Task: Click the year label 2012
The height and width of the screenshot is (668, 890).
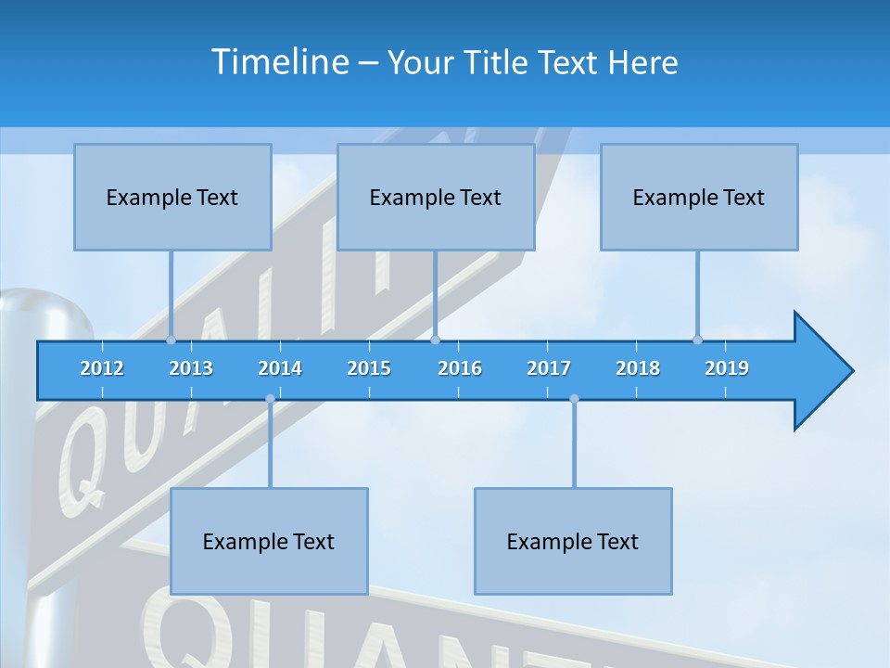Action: pyautogui.click(x=102, y=368)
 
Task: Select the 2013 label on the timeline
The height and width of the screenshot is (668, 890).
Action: pyautogui.click(x=191, y=368)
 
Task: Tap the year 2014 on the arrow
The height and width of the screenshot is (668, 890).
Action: pyautogui.click(x=280, y=368)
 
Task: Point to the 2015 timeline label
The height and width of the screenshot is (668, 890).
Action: pyautogui.click(x=369, y=368)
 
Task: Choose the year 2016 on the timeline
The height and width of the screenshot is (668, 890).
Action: pyautogui.click(x=460, y=368)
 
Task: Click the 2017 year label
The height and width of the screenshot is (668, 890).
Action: pyautogui.click(x=549, y=368)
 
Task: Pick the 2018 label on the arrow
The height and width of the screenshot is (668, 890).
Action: pyautogui.click(x=638, y=368)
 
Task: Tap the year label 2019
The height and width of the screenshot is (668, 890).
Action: pyautogui.click(x=727, y=368)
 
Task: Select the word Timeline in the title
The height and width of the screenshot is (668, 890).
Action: pyautogui.click(x=280, y=62)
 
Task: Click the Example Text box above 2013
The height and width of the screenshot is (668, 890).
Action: pyautogui.click(x=172, y=197)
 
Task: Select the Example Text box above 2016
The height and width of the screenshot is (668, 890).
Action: pyautogui.click(x=436, y=197)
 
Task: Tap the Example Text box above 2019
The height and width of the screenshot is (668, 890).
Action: pyautogui.click(x=699, y=197)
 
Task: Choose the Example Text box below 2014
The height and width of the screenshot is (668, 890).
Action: pyautogui.click(x=269, y=541)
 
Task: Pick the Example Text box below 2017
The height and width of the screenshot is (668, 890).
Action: pyautogui.click(x=573, y=541)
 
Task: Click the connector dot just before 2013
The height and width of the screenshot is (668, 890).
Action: pyautogui.click(x=171, y=340)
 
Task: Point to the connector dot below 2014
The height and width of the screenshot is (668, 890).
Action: pyautogui.click(x=270, y=399)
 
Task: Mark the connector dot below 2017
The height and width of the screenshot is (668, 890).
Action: pyautogui.click(x=574, y=399)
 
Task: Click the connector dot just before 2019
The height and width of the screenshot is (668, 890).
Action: pyautogui.click(x=697, y=340)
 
